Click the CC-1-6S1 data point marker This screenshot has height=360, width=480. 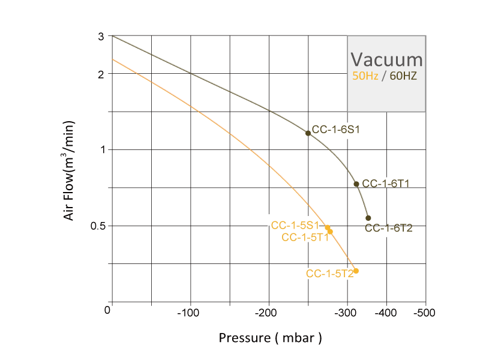tap(308, 133)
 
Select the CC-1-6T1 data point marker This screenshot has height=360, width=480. tap(356, 184)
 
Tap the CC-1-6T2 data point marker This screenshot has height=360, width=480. tap(368, 218)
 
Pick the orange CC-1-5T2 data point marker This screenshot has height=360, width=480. tap(356, 271)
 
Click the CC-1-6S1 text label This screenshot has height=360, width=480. tap(335, 128)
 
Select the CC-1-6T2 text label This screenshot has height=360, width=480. tap(389, 228)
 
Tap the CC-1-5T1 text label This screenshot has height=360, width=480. tap(305, 237)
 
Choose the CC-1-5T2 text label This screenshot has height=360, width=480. tap(329, 274)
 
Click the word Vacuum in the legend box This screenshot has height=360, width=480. tap(387, 60)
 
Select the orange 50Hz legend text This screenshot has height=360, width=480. tap(365, 76)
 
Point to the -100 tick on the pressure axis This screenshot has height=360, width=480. tap(190, 313)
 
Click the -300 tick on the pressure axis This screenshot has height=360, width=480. tap(347, 313)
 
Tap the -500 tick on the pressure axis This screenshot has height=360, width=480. tap(425, 313)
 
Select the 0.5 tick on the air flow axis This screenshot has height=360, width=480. tap(97, 226)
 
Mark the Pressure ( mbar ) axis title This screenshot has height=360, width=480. tap(270, 338)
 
